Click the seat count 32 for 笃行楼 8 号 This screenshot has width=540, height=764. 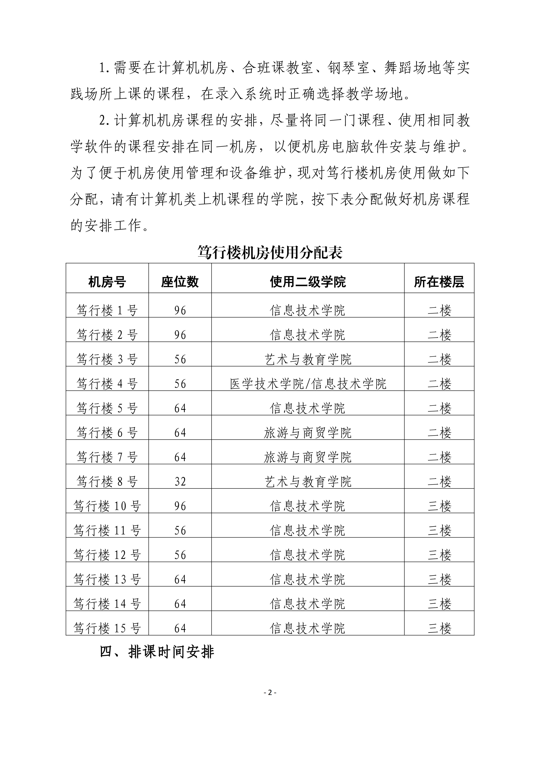click(180, 482)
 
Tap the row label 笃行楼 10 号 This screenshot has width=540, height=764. click(107, 506)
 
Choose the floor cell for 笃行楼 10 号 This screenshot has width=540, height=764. click(439, 506)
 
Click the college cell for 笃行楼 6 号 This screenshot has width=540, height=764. click(308, 433)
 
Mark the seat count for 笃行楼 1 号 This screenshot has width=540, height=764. click(180, 311)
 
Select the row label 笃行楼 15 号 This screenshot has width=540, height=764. click(107, 628)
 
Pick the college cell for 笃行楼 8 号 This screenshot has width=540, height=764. click(308, 482)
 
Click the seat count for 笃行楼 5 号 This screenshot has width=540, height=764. click(180, 408)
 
